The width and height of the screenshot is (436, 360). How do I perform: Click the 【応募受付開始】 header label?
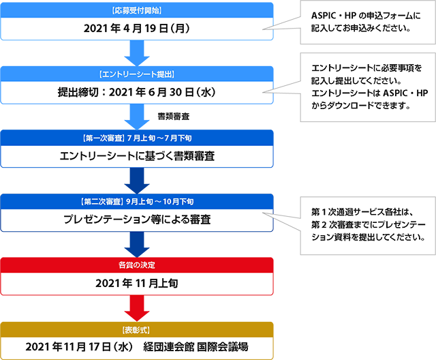click(x=137, y=11)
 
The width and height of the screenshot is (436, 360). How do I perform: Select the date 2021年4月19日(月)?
click(x=137, y=29)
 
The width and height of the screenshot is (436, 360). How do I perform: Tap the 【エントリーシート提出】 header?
click(x=137, y=74)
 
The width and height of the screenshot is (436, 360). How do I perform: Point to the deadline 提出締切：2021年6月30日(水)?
click(x=137, y=92)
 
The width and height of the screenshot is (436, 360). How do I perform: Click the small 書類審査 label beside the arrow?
click(x=174, y=117)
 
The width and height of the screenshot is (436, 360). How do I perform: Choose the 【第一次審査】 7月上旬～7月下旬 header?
click(x=137, y=138)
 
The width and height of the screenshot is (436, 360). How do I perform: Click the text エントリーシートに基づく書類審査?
click(x=137, y=156)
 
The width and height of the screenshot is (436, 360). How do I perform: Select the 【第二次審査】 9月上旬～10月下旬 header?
click(x=137, y=201)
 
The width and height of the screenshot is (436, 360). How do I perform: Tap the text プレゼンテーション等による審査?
click(x=137, y=220)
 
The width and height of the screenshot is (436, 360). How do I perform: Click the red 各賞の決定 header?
click(x=137, y=265)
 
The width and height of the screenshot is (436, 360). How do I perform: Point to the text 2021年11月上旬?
click(x=137, y=283)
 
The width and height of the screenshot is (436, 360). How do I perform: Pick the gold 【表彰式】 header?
click(x=136, y=330)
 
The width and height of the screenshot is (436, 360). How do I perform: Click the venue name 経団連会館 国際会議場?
click(x=196, y=347)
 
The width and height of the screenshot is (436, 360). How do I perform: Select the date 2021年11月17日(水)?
click(x=79, y=347)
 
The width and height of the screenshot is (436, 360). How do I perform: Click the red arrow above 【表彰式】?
click(x=137, y=308)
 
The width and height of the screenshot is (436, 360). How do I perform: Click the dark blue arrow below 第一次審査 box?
click(x=137, y=181)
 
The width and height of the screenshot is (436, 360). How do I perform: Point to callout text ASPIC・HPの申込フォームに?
click(x=366, y=16)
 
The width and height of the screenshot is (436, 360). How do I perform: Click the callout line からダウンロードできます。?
click(x=361, y=106)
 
